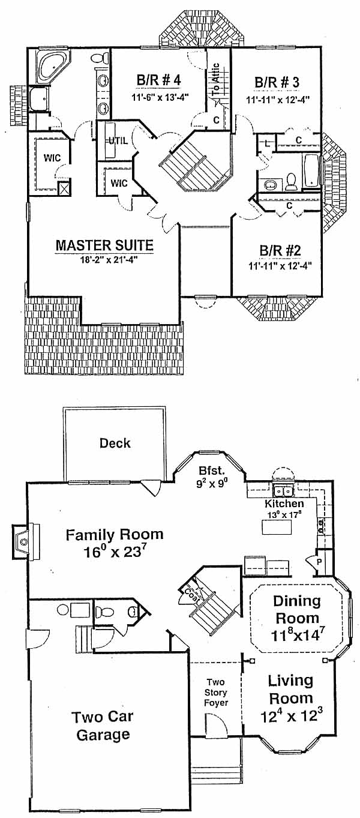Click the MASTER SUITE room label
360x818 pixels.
coord(104,245)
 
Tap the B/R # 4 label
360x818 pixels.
coord(159,80)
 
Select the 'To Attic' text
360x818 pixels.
coord(216,78)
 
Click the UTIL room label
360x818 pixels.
coord(118,140)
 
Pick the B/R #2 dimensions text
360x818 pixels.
coord(280,266)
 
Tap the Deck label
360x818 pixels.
coord(115,443)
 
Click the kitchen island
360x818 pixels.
coord(277,526)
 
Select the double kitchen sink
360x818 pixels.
coord(283,491)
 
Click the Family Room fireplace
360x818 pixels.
coord(25,541)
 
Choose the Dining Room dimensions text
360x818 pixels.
coord(298,636)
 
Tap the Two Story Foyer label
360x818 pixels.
coord(216,693)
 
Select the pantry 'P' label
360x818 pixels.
coord(319,562)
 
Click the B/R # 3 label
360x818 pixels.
coord(277,82)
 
